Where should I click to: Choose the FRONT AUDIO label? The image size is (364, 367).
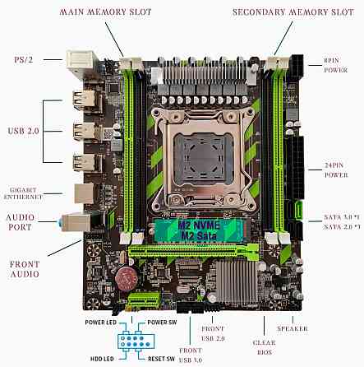point(24,269)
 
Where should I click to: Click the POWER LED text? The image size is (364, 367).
point(99,322)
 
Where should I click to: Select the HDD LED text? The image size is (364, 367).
point(102,359)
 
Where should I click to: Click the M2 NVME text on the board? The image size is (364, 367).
point(182,225)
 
